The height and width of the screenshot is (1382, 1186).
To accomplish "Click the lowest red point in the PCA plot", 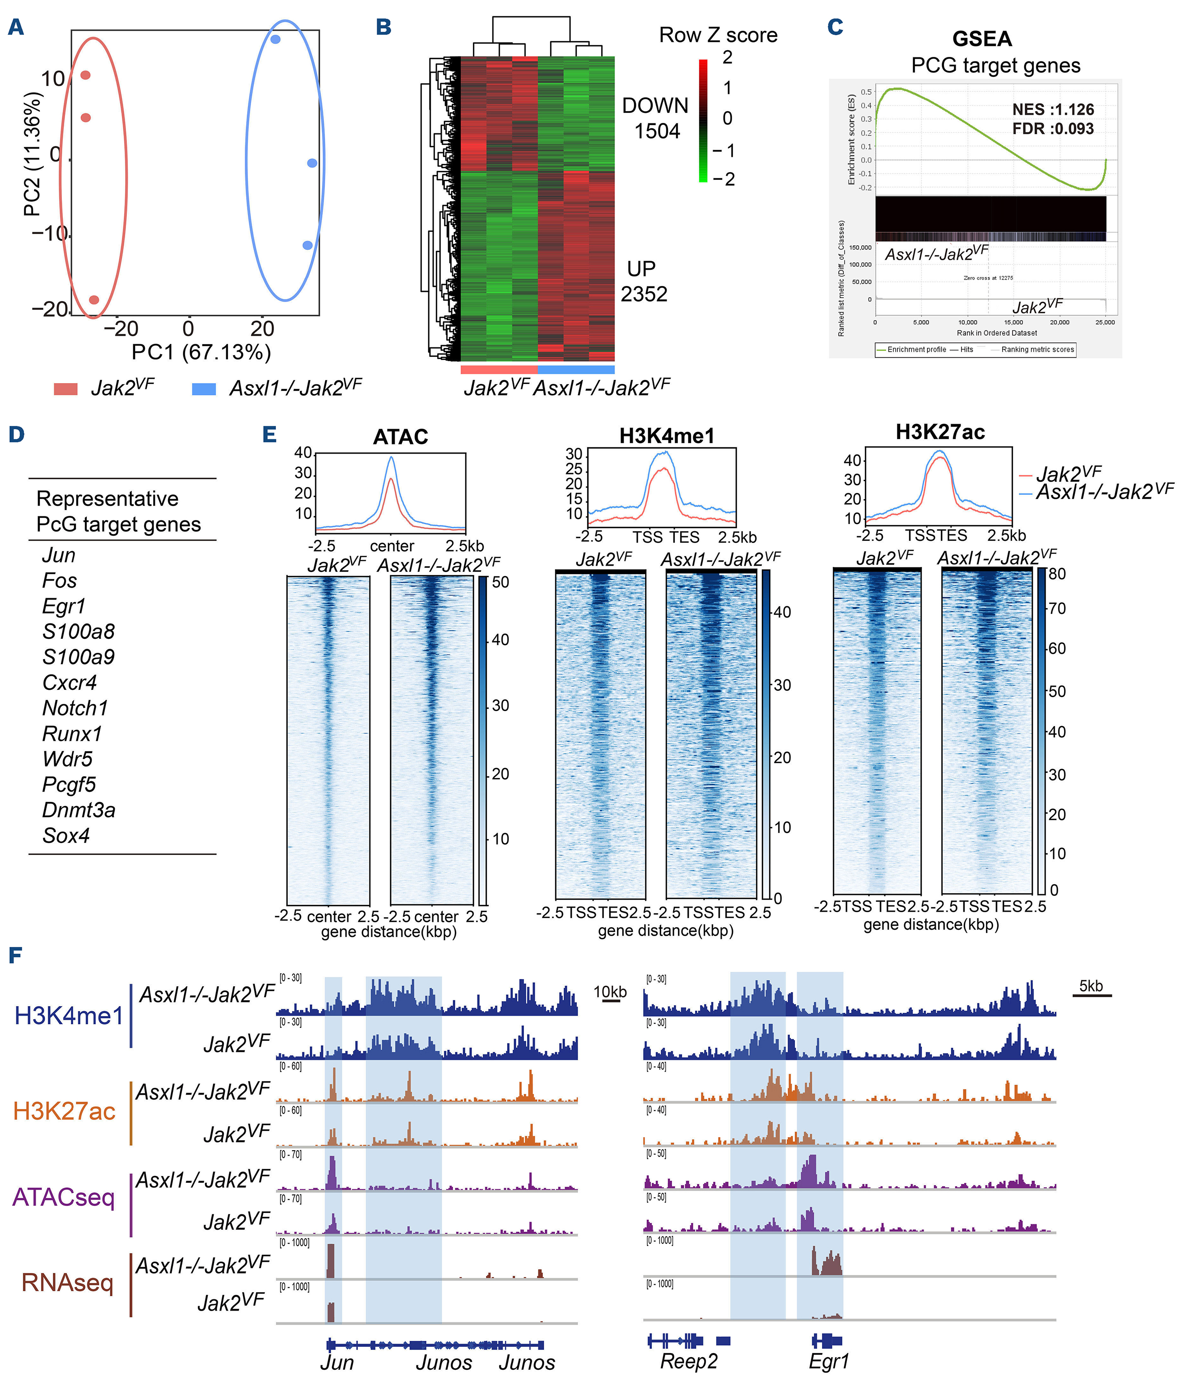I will pos(94,300).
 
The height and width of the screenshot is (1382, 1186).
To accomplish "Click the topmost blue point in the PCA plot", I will pos(275,39).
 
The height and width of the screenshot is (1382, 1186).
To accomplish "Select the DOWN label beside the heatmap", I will pos(655,105).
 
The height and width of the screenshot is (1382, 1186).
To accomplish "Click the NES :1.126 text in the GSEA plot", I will pos(1053,109).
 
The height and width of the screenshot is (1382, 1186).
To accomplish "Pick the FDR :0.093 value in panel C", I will pos(1053,129).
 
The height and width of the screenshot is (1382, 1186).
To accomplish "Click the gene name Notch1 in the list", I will pos(75,707).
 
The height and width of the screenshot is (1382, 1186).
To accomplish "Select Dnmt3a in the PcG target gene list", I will pos(79,810).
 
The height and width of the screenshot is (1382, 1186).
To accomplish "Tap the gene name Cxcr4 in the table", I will pos(70,682).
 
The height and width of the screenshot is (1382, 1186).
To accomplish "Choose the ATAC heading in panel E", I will pos(400,436).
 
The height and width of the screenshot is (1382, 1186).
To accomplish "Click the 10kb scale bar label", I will pos(610,992).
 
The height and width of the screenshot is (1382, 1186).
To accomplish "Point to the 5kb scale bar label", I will pos(1091,986).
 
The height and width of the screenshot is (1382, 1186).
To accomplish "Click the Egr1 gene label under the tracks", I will pos(829,1361).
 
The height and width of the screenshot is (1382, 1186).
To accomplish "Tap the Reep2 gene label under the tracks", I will pos(689,1361).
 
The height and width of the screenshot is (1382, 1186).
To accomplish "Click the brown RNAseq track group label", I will pos(67,1282).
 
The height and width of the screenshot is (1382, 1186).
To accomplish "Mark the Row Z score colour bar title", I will pos(718,35).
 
